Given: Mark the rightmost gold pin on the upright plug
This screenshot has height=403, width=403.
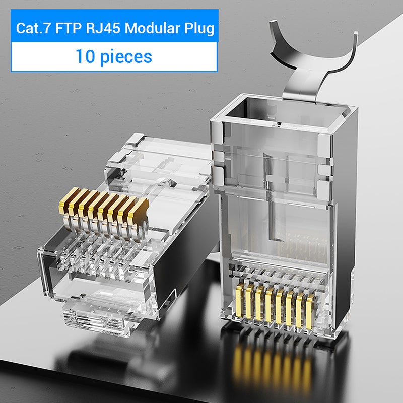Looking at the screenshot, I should (310, 304).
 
